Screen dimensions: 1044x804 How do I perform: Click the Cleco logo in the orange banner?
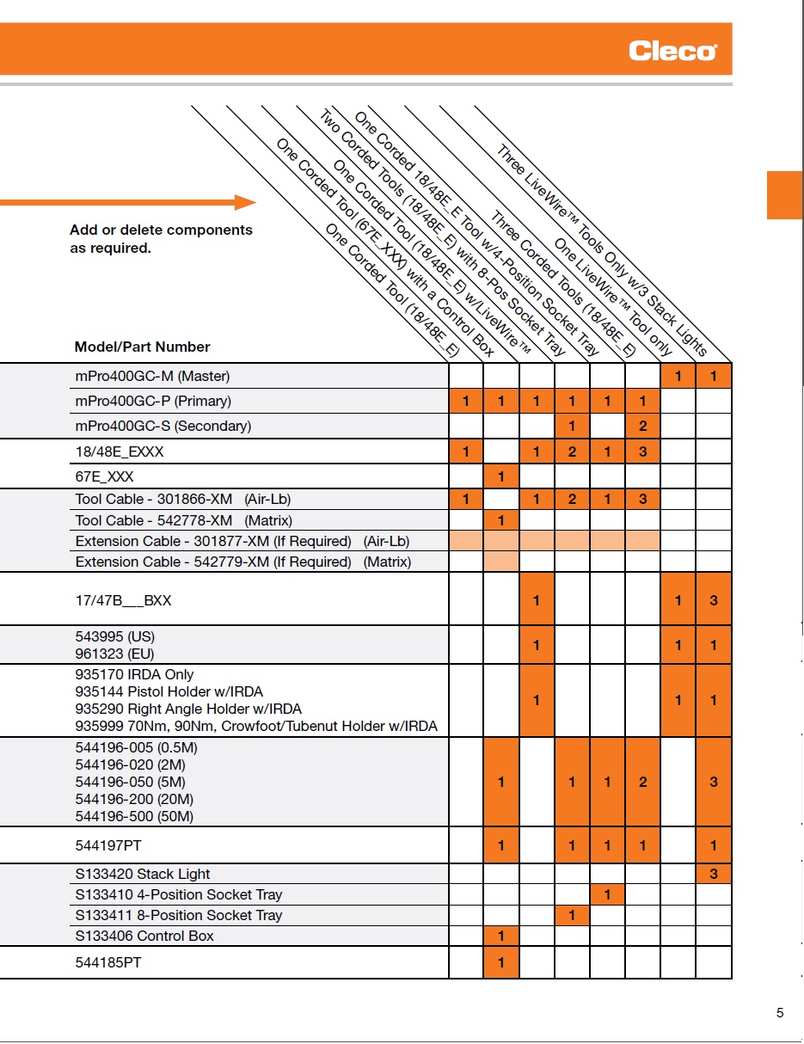tap(672, 51)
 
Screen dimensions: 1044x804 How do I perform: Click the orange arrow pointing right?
tap(129, 203)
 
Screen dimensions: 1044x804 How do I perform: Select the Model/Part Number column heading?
tap(142, 347)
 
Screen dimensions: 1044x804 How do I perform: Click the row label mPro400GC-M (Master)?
tap(152, 376)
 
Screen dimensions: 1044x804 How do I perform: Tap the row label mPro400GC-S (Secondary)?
tap(163, 426)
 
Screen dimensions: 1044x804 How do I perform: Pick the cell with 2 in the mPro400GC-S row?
tap(642, 426)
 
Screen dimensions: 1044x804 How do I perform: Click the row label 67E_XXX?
tap(105, 476)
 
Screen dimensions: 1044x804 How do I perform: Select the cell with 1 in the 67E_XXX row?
tap(501, 476)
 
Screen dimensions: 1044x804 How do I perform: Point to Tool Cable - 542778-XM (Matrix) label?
tap(183, 520)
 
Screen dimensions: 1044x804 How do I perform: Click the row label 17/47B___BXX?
tap(123, 600)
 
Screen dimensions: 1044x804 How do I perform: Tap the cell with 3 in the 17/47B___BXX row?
tap(714, 600)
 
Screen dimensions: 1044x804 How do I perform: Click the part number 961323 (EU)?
tap(114, 654)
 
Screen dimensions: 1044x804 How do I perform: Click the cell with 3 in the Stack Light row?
tap(714, 874)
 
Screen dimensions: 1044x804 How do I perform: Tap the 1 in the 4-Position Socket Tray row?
tap(607, 894)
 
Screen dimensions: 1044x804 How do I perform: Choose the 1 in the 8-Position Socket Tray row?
tap(572, 915)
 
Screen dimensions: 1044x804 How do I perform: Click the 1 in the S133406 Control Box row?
tap(501, 936)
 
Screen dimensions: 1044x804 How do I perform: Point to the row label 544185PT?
tap(108, 963)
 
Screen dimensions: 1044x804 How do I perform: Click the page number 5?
tap(780, 1013)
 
